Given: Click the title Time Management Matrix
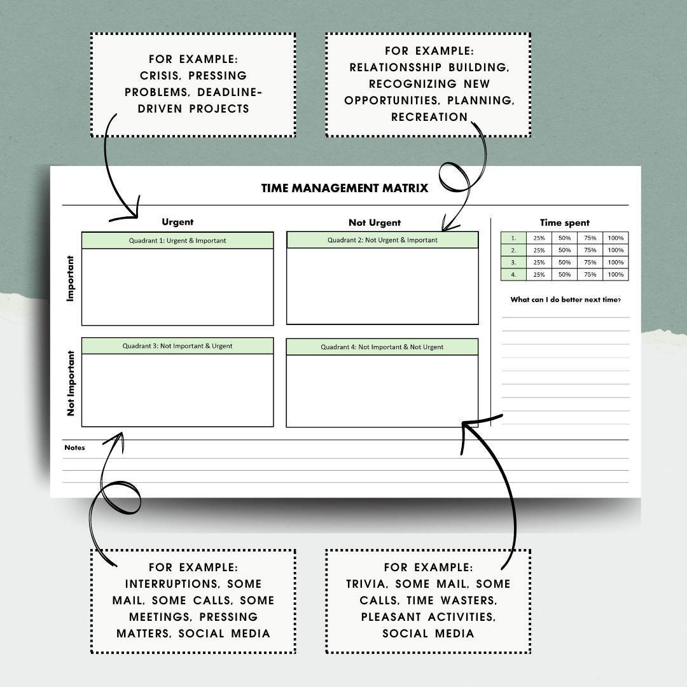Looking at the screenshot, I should tap(344, 188).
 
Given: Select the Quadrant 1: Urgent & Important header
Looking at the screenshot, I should tap(177, 240).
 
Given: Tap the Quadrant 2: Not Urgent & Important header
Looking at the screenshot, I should tap(382, 240).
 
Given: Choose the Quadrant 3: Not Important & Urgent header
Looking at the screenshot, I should tap(177, 346).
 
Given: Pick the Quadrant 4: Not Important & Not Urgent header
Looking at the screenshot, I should tap(382, 347).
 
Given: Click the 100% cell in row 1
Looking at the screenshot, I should tap(615, 238).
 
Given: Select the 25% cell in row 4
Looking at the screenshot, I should tap(539, 275).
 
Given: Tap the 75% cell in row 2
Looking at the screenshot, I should tap(590, 250).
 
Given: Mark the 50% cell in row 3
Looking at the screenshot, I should tap(564, 262).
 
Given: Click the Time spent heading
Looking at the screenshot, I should tap(564, 223).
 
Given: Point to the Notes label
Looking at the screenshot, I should tap(74, 448).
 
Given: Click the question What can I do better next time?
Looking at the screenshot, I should tap(566, 300).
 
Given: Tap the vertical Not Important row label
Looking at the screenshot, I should tap(71, 383).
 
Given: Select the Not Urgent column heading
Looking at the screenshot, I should tap(375, 223).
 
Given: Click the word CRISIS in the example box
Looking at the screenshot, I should tap(158, 76).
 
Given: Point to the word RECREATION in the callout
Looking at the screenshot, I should tap(429, 117).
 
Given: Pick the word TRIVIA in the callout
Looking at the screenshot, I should tap(366, 584).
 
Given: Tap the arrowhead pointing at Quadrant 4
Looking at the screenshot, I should tap(467, 424).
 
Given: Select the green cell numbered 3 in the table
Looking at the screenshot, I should tap(513, 262).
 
